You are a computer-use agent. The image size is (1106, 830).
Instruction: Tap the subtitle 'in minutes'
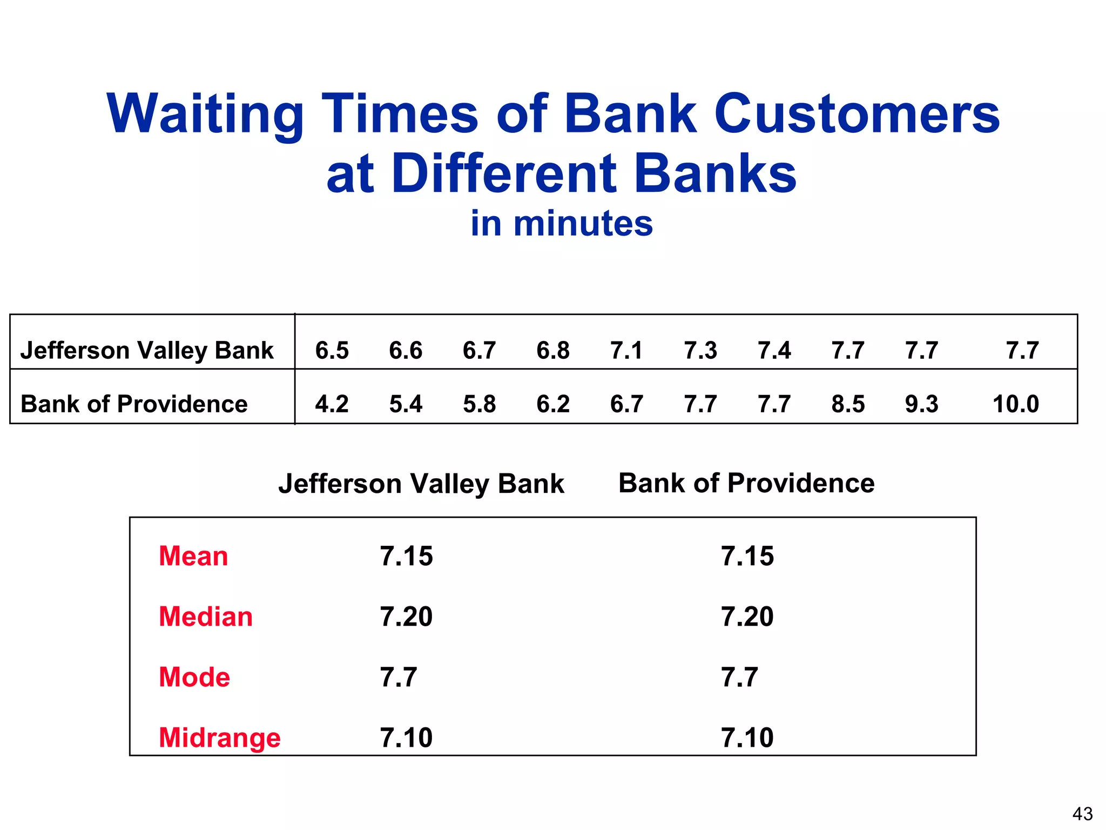pos(562,223)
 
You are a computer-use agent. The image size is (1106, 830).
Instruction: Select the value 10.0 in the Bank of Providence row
pos(1015,404)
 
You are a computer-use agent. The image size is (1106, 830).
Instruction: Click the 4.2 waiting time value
pos(332,404)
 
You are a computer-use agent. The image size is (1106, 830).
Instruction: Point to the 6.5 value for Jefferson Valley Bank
pos(332,351)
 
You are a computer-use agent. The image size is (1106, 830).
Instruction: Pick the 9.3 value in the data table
pos(921,404)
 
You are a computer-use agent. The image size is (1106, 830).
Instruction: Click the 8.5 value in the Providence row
pos(848,404)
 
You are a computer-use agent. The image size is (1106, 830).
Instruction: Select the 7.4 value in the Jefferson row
pos(774,351)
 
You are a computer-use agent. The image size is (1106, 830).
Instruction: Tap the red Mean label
pos(193,556)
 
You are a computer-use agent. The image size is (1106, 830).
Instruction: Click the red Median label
pos(206,617)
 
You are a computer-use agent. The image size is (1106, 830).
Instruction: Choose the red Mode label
pos(194,677)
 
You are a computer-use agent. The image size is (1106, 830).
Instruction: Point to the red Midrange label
pos(220,738)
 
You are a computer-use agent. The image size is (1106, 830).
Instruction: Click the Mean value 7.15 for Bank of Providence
pos(747,556)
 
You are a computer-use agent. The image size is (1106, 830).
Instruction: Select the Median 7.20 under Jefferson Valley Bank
pos(406,617)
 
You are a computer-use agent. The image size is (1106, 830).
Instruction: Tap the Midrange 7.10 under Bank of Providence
pos(747,738)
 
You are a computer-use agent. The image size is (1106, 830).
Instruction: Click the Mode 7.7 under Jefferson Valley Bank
pos(399,677)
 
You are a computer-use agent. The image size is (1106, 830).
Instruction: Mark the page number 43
pos(1082,814)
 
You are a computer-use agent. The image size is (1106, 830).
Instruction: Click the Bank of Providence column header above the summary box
pos(746,483)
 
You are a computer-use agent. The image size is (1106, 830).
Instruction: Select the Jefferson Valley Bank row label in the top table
pos(147,351)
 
